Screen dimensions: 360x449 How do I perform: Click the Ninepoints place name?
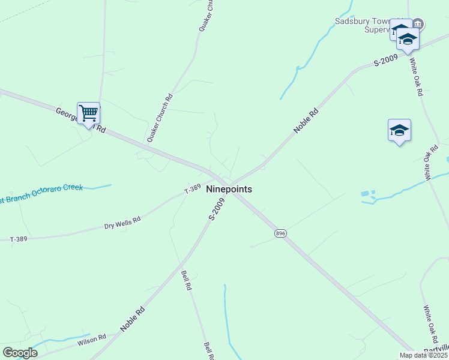[x=229, y=189]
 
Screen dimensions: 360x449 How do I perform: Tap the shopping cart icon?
[x=88, y=113]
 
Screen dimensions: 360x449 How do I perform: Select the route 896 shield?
[x=280, y=233]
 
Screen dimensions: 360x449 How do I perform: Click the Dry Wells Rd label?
[x=122, y=223]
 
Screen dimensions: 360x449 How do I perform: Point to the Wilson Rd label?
[x=91, y=340]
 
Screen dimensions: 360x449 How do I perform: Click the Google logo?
[x=20, y=353]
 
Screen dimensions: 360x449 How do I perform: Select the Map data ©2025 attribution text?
[x=423, y=355]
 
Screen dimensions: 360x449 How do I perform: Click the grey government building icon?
[x=418, y=24]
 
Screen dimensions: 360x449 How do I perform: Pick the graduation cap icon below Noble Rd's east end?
[x=399, y=130]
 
